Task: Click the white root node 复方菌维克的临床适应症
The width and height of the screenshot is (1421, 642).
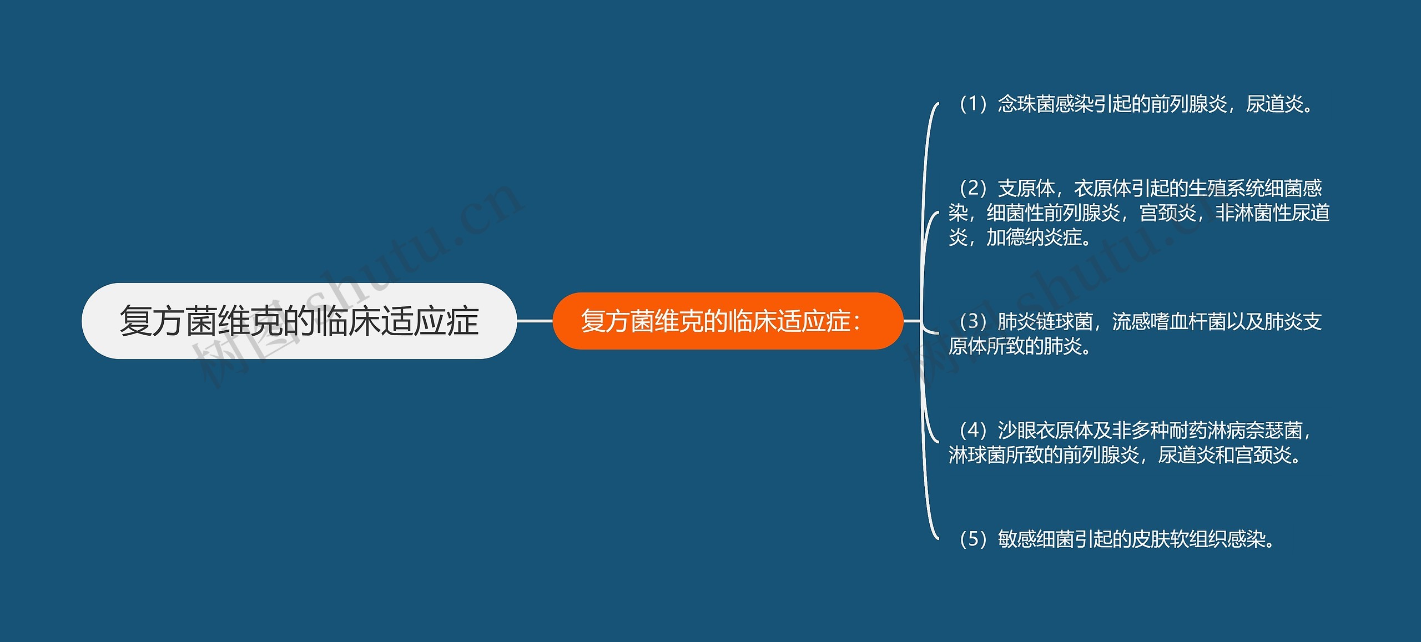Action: [x=299, y=321]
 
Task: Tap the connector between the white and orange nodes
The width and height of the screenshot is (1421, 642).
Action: [x=535, y=321]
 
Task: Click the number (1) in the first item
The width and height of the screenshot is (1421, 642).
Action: [x=972, y=104]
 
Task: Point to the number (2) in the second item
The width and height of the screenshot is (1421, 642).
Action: [x=972, y=189]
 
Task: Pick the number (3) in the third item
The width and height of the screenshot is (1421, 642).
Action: [x=972, y=321]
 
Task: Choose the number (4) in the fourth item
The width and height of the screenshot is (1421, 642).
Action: [x=972, y=430]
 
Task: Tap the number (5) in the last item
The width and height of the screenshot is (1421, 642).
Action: [x=972, y=539]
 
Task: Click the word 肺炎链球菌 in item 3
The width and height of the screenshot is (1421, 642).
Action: [x=1045, y=321]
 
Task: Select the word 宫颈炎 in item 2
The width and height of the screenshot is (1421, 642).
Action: [x=1167, y=213]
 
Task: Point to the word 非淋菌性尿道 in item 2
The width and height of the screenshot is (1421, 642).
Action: [x=1272, y=213]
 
